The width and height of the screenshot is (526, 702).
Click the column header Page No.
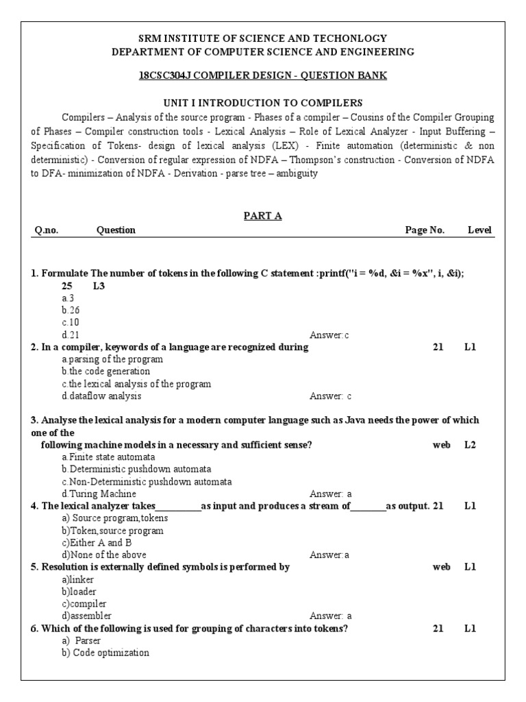(425, 230)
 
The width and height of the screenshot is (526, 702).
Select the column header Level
(479, 230)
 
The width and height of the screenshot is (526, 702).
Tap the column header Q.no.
(47, 230)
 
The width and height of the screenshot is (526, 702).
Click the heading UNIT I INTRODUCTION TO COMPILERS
(263, 103)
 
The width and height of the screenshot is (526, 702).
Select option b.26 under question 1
(71, 310)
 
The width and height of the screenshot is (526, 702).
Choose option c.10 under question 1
(71, 322)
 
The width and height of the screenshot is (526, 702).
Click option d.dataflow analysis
(101, 396)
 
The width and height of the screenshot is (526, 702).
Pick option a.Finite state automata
(108, 457)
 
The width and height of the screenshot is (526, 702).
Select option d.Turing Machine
(99, 494)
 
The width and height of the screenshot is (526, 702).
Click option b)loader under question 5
(79, 592)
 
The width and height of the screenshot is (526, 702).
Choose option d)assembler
(86, 616)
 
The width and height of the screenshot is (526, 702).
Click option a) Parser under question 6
(82, 640)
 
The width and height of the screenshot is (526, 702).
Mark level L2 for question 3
(470, 445)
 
